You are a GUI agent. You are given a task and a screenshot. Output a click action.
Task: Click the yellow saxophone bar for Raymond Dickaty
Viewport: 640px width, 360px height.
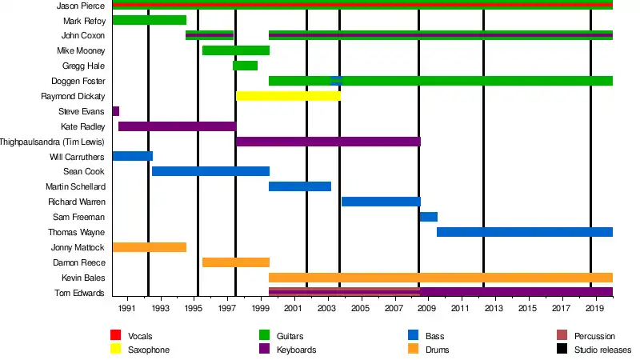click(288, 96)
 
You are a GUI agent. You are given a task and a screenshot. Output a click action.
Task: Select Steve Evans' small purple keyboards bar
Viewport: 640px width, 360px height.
click(116, 111)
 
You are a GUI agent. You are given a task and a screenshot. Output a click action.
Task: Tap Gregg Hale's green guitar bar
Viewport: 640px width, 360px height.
click(245, 66)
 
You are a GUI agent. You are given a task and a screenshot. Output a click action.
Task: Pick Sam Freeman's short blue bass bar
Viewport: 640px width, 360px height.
click(428, 217)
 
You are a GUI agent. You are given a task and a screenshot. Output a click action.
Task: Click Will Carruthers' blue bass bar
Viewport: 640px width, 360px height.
click(132, 156)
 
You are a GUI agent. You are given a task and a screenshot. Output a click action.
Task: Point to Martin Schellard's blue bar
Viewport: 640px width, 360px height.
click(299, 186)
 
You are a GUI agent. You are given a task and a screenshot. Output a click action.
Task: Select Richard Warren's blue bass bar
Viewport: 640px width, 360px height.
click(381, 202)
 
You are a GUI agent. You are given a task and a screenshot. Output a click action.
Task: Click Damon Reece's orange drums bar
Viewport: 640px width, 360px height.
click(236, 262)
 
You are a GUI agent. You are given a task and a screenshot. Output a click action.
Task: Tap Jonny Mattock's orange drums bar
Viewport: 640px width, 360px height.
click(149, 247)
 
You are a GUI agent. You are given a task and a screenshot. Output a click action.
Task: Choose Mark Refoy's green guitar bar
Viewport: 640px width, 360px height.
click(149, 20)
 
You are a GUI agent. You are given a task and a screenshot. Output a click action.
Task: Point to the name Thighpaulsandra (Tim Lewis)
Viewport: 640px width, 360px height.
click(53, 142)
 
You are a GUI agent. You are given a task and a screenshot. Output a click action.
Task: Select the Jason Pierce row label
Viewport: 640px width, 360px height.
click(81, 6)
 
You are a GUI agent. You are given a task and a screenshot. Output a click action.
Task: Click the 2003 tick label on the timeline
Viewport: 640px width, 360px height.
click(326, 308)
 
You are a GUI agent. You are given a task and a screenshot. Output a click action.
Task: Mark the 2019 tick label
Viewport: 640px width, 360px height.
click(594, 308)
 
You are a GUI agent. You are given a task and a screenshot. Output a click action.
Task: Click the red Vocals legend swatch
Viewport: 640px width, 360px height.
click(115, 336)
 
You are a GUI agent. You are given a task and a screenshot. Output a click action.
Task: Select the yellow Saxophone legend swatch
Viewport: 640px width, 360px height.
click(115, 350)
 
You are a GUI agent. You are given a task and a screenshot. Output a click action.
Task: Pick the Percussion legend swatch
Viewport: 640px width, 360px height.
click(562, 336)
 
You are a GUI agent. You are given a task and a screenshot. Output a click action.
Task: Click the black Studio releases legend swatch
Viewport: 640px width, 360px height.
click(562, 350)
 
